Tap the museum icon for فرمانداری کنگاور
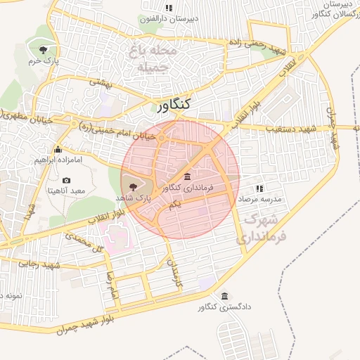pos(186,176)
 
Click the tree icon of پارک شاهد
pos(134,185)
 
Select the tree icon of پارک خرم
pos(44,49)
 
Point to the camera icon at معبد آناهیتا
pos(67,181)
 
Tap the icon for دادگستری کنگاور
pos(224,295)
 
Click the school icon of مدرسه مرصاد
pos(259,188)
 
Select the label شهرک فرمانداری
pos(263,230)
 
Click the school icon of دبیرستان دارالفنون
pos(168,8)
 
